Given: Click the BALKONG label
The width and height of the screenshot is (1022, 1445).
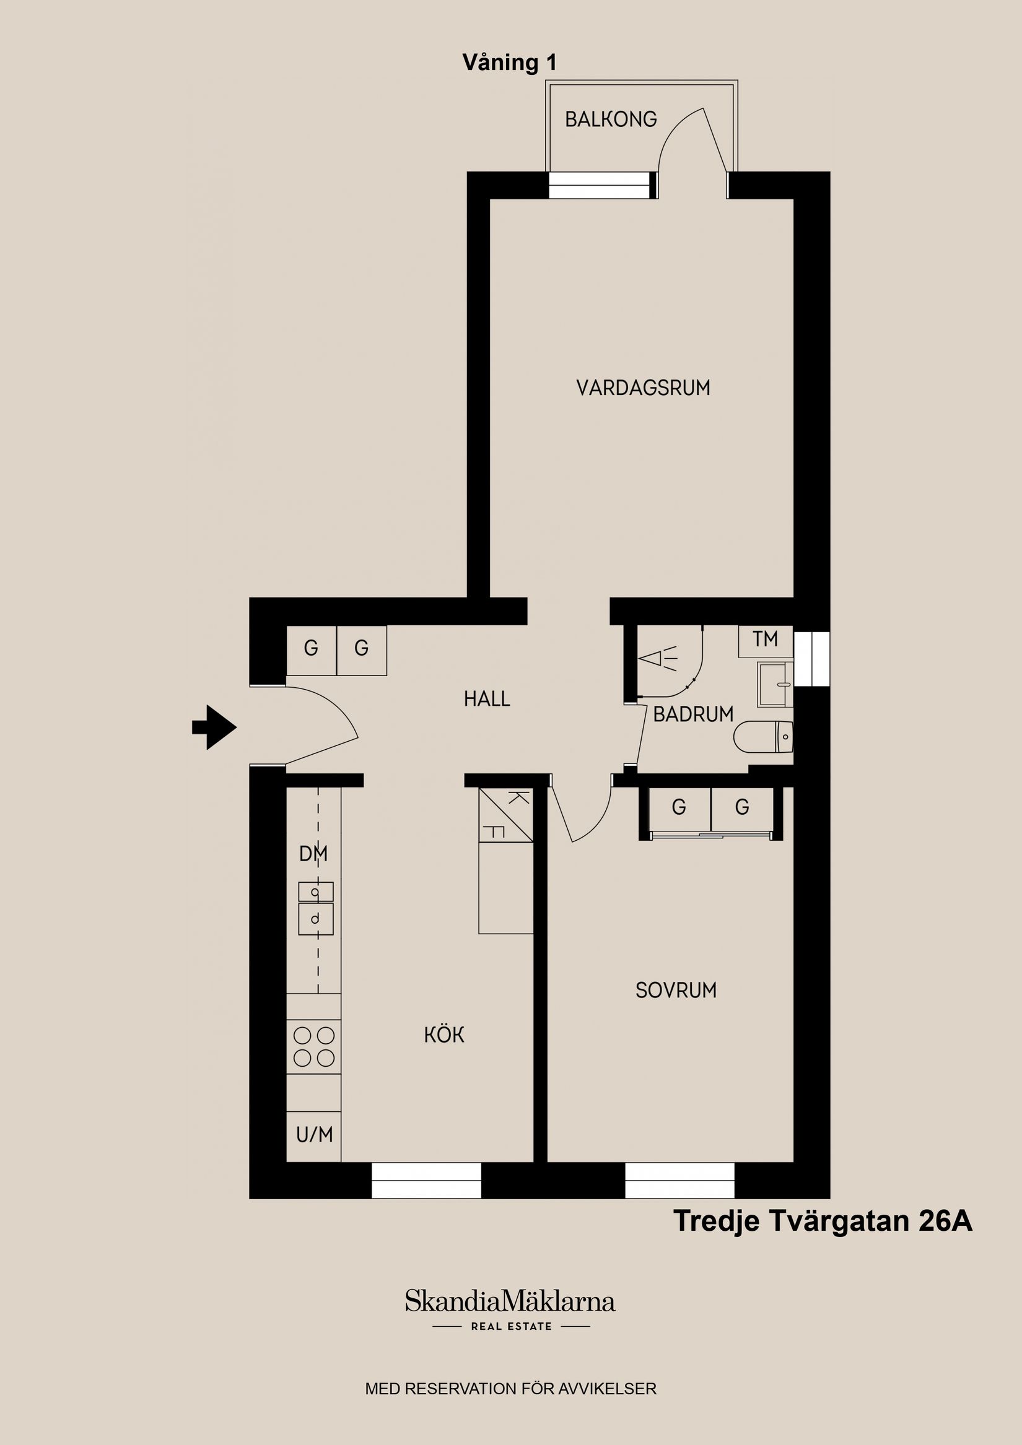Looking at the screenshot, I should [x=610, y=119].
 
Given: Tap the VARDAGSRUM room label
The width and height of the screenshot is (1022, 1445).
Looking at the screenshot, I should [x=643, y=388].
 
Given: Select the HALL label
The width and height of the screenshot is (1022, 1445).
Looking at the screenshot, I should [x=487, y=698].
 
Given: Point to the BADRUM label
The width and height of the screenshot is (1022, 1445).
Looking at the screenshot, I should [x=692, y=714].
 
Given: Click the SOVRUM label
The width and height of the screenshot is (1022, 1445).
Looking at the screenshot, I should [x=676, y=991].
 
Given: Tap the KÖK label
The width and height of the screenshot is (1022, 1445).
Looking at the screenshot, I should [x=444, y=1035].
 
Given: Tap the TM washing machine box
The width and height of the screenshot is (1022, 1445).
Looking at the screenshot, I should [x=765, y=640].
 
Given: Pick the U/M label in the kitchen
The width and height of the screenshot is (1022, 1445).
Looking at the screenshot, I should [x=313, y=1135].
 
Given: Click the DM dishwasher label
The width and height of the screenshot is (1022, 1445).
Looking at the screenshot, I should [x=313, y=854].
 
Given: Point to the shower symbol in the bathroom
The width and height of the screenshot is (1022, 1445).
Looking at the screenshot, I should [x=658, y=659].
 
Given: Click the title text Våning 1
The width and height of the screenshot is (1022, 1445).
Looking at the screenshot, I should [x=509, y=63].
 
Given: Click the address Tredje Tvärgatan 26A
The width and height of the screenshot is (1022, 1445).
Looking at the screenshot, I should [x=823, y=1222].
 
